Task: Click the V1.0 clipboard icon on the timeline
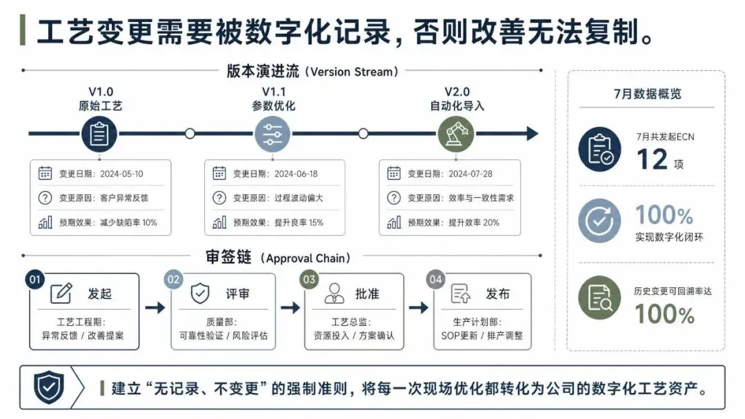click(x=99, y=134)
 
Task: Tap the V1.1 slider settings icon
click(x=272, y=134)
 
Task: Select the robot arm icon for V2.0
click(x=456, y=134)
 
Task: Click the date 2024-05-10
click(x=121, y=174)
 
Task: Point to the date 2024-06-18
click(x=296, y=174)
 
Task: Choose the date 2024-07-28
click(x=470, y=174)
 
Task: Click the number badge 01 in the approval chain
click(x=34, y=280)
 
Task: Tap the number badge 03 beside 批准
click(x=309, y=280)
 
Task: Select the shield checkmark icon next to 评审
click(x=200, y=294)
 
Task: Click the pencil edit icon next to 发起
click(x=61, y=294)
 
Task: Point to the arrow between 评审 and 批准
click(x=290, y=308)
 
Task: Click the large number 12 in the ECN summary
click(x=652, y=159)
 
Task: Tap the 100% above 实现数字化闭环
click(x=664, y=215)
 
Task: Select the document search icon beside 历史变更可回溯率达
click(x=599, y=298)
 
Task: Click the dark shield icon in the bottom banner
click(x=49, y=387)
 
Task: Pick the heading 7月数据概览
click(x=647, y=94)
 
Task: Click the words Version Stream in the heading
click(x=352, y=72)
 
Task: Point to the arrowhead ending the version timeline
click(x=533, y=134)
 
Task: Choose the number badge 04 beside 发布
click(x=436, y=280)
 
